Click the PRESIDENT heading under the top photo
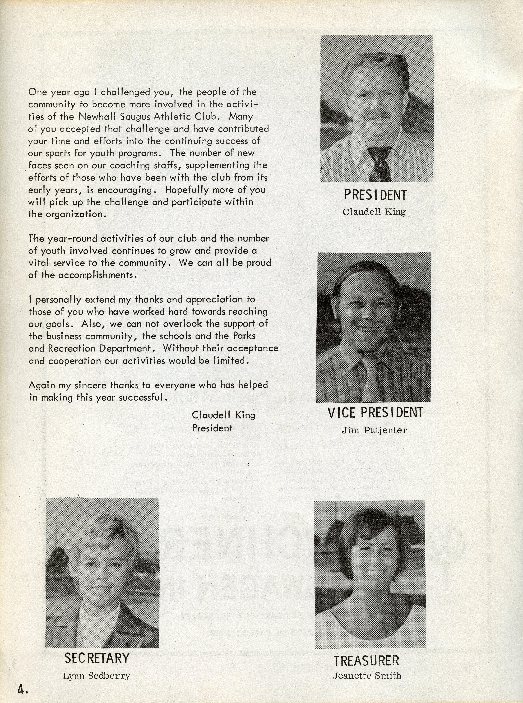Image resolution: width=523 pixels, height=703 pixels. tap(375, 195)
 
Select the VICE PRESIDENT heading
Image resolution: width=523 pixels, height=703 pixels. tap(375, 412)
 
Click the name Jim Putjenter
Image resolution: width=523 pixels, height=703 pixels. tap(375, 430)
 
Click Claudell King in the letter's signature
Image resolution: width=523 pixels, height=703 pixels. tap(223, 415)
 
